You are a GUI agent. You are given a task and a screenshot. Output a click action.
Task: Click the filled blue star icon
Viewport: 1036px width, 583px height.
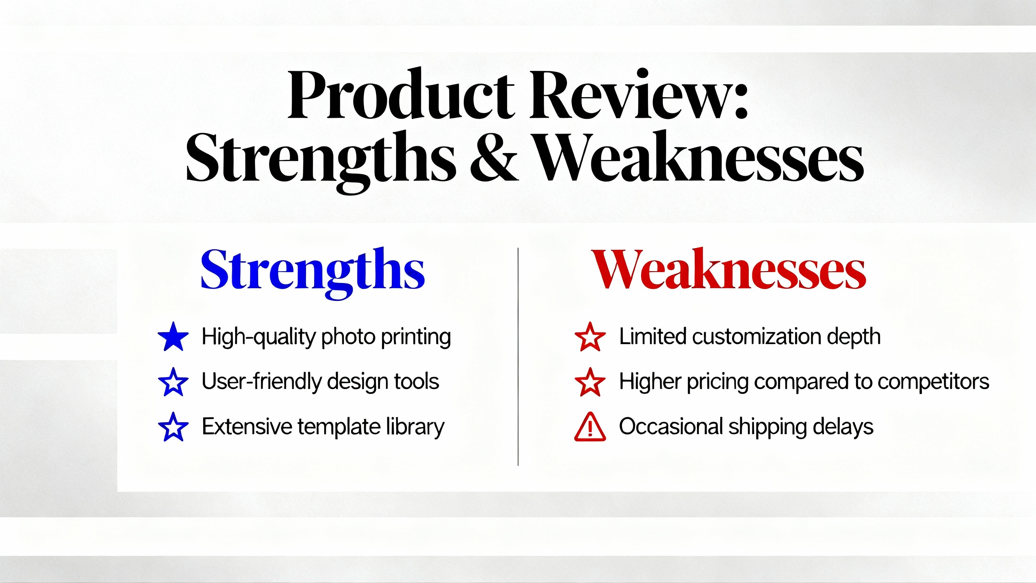pos(173,336)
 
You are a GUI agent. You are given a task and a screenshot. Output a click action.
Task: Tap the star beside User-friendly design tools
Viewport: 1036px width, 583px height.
pos(173,382)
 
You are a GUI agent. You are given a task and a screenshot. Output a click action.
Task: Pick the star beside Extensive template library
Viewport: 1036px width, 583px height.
pos(173,427)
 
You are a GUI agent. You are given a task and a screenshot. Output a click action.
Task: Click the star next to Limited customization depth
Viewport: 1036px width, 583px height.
pos(590,336)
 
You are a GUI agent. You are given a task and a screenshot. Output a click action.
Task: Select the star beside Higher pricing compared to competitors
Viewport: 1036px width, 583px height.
pos(590,382)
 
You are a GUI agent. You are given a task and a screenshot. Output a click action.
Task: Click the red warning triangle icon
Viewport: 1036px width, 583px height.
pos(590,427)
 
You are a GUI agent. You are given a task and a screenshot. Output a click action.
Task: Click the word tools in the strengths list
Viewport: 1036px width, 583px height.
pos(416,381)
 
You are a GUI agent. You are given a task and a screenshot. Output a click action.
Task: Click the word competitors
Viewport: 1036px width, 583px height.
pos(933,382)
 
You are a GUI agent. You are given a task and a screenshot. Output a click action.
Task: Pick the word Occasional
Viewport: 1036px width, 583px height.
pos(671,427)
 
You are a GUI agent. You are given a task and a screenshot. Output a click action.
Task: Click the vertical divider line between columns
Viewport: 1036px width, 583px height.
pos(518,357)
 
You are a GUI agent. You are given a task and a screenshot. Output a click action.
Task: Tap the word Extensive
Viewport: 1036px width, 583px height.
pos(246,427)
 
